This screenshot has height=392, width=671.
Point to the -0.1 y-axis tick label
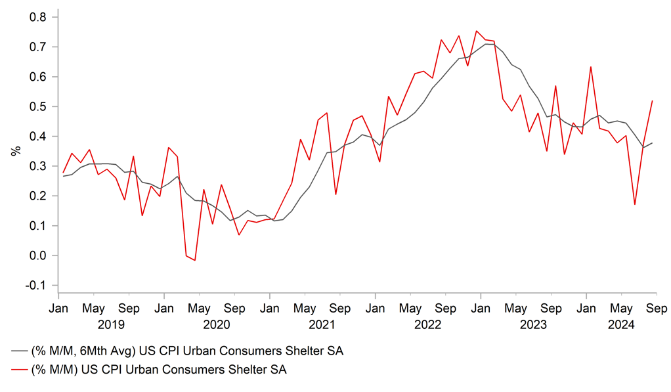pos(35,286)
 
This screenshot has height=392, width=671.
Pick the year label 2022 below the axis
pos(428,324)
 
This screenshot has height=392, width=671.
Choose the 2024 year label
pos(621,324)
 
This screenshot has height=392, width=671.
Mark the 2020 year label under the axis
pos(217,324)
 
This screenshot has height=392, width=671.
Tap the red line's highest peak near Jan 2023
pos(477,31)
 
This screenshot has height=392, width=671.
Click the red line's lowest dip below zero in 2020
pos(195,261)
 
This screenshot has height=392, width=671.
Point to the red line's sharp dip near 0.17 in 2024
pos(635,205)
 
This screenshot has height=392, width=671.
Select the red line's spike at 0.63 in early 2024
pos(591,67)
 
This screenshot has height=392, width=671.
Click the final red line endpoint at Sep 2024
pos(653,100)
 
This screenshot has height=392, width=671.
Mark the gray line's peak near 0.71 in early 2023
pos(486,44)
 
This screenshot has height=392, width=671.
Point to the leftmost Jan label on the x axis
pos(58,308)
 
